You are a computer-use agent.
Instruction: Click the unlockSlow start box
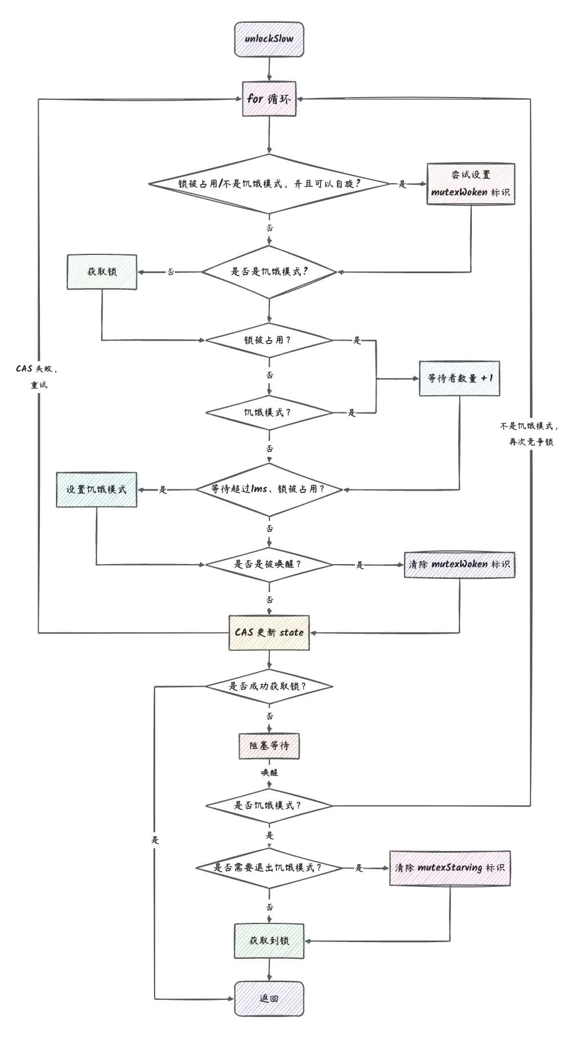click(269, 39)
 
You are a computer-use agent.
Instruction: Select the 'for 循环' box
click(269, 99)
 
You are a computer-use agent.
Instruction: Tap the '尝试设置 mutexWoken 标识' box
click(471, 184)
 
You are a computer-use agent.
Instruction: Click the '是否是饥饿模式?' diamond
click(269, 272)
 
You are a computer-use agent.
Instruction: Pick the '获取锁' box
click(102, 272)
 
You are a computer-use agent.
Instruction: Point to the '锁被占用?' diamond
click(269, 341)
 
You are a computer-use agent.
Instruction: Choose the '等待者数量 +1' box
click(459, 378)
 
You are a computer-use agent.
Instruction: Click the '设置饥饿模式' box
click(96, 489)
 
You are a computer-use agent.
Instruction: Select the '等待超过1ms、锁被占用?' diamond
click(269, 489)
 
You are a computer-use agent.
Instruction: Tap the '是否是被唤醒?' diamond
click(269, 565)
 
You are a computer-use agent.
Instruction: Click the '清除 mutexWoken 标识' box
click(459, 565)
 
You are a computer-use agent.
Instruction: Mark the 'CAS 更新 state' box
click(269, 633)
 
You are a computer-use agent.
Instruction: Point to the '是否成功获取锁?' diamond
click(269, 686)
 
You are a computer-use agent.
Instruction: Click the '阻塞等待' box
click(269, 746)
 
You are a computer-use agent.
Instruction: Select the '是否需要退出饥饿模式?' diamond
click(269, 868)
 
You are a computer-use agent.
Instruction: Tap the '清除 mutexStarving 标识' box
click(450, 868)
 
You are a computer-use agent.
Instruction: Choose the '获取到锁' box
click(269, 941)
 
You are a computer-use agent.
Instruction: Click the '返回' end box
click(269, 999)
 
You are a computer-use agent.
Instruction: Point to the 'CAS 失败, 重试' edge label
click(38, 376)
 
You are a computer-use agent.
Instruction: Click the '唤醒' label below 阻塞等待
click(269, 773)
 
